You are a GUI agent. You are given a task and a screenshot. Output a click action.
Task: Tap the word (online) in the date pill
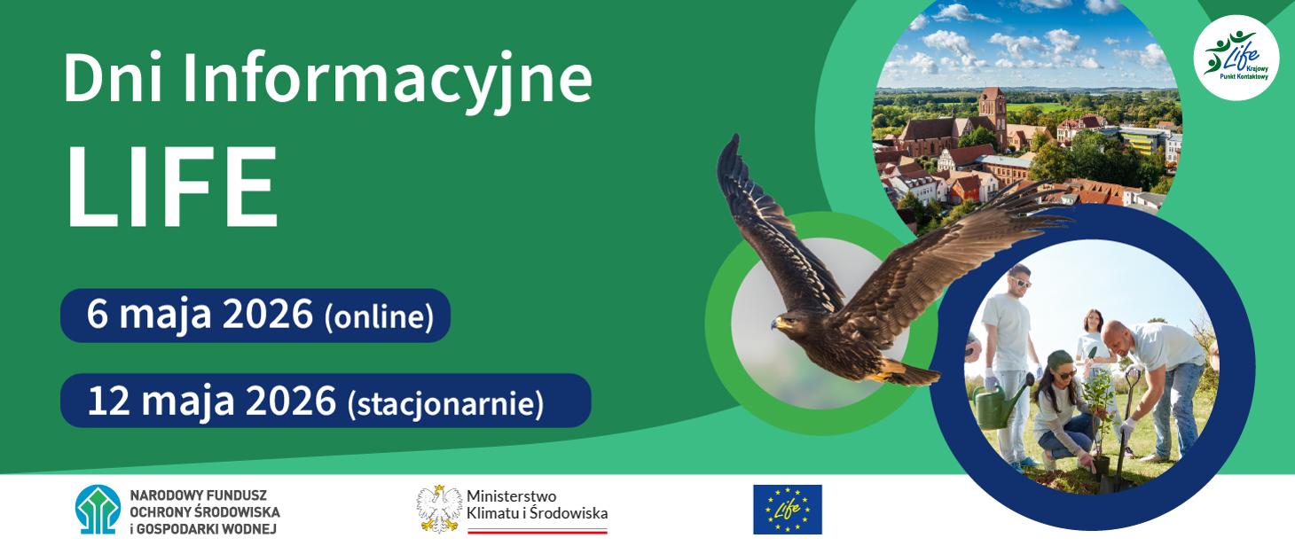pos(379,316)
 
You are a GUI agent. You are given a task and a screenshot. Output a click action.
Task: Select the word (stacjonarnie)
pos(444,402)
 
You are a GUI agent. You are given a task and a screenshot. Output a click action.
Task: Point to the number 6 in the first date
pos(97,315)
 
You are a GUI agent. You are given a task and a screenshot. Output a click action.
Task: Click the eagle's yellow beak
pos(776,325)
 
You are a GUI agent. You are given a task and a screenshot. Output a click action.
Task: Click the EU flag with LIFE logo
pos(787,510)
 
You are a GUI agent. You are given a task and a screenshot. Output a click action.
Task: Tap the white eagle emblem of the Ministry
pos(439,509)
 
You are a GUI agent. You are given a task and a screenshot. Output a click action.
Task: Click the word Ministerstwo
pos(511,496)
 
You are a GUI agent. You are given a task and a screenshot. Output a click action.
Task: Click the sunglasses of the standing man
pos(1020,282)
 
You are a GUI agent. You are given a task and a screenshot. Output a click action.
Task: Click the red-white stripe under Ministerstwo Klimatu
pos(538,531)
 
